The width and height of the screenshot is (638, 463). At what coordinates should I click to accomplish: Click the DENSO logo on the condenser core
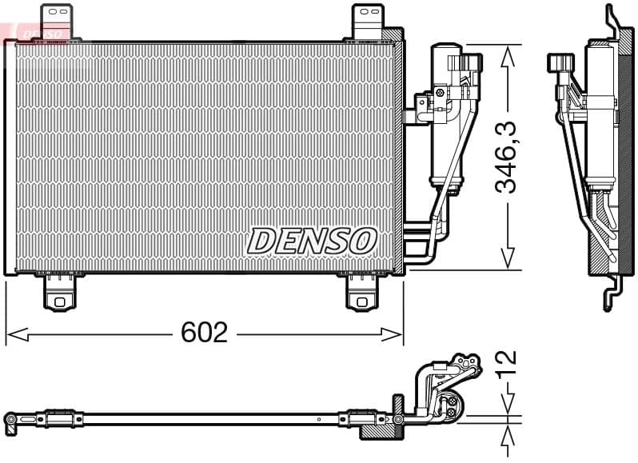(x=312, y=240)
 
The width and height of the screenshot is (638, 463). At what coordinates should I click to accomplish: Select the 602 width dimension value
(x=204, y=332)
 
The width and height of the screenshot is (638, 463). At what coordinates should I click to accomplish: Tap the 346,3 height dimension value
(x=506, y=157)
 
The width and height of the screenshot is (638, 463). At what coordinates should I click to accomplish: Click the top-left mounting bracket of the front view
(x=56, y=21)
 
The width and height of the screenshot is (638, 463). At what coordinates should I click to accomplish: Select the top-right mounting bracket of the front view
(x=368, y=21)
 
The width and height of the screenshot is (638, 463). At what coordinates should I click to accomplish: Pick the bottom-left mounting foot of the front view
(x=58, y=293)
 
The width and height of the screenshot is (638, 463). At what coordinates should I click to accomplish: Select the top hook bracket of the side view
(x=614, y=19)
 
